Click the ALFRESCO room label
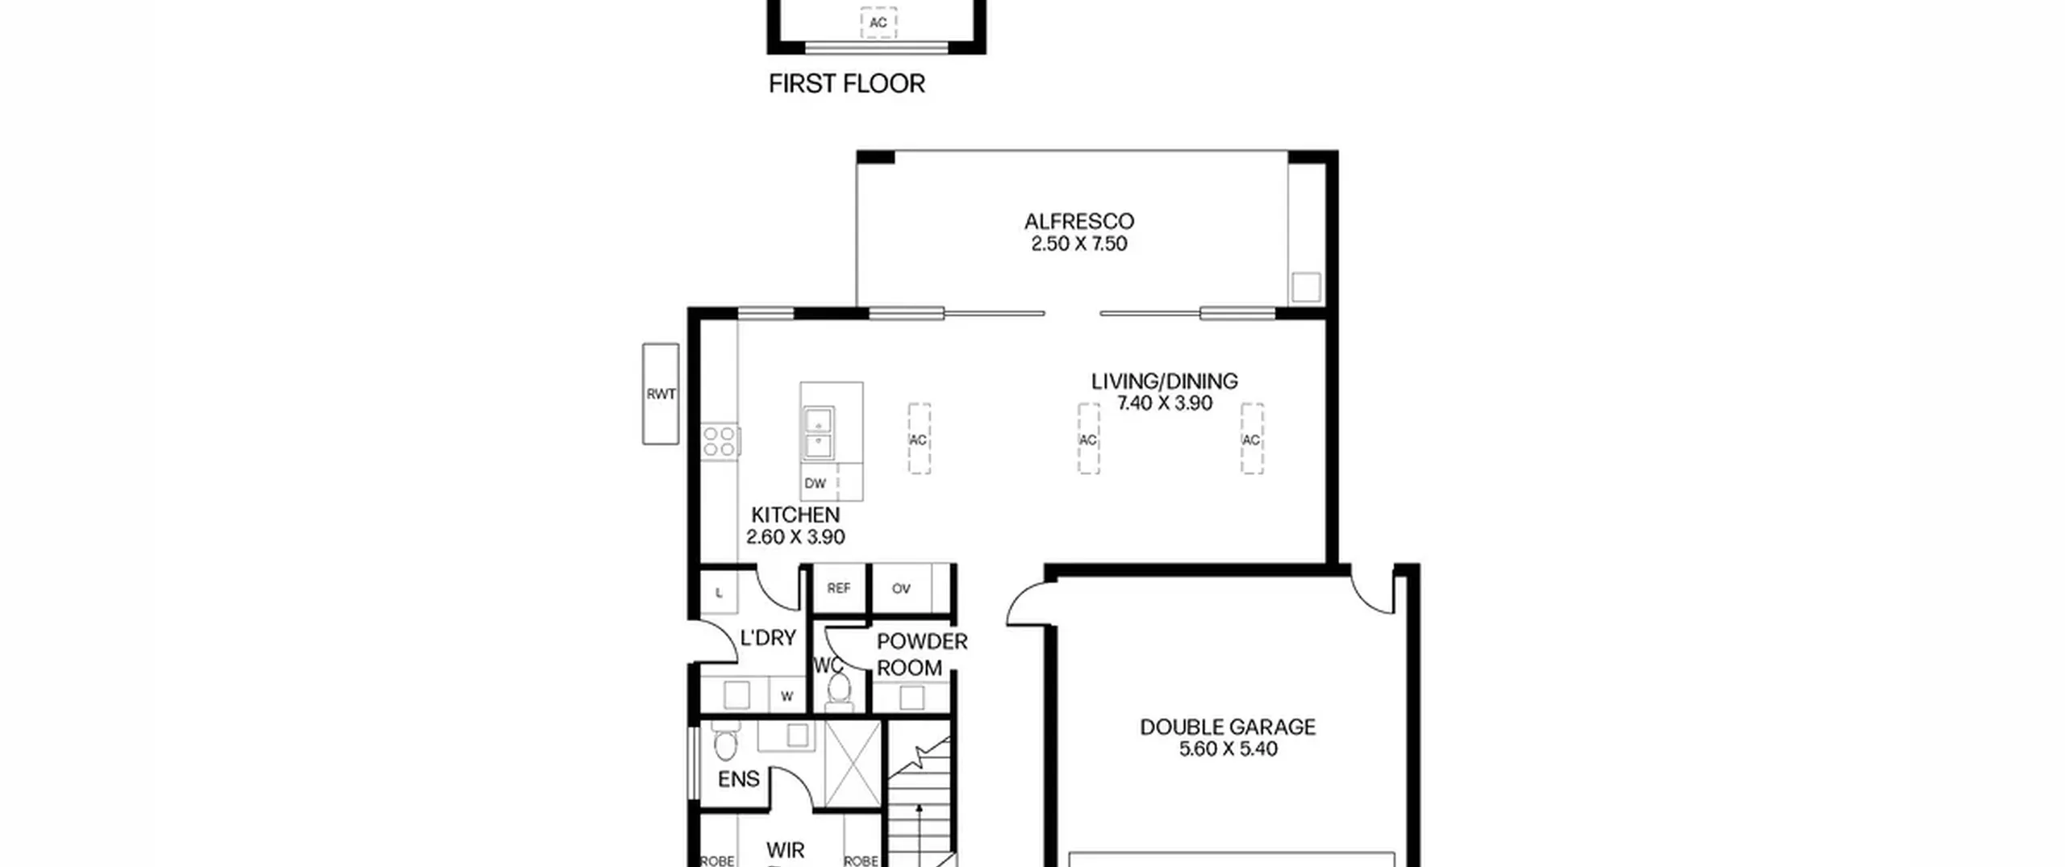click(x=1079, y=221)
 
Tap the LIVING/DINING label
click(x=1164, y=381)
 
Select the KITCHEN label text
click(x=795, y=515)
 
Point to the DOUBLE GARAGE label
click(x=1228, y=727)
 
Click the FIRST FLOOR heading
click(x=846, y=84)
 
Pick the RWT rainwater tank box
click(x=661, y=394)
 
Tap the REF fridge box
click(x=839, y=588)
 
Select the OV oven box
click(x=902, y=588)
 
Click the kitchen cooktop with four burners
click(x=720, y=442)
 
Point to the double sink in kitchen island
click(x=819, y=433)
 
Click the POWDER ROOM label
click(x=921, y=654)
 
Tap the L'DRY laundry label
click(x=768, y=638)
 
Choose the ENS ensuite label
click(x=738, y=779)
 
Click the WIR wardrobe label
click(x=785, y=850)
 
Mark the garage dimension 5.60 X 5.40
click(x=1228, y=749)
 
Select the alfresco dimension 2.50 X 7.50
click(x=1079, y=244)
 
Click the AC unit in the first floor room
click(x=878, y=23)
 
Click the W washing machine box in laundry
click(x=786, y=696)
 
